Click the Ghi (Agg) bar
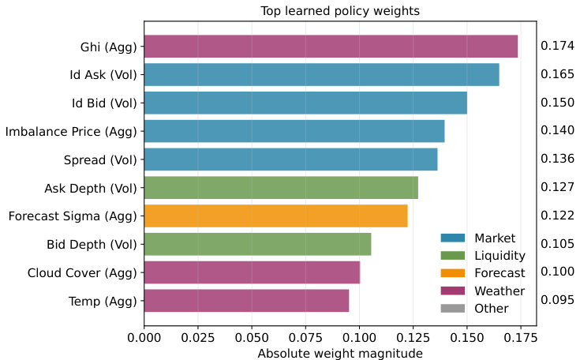click(331, 47)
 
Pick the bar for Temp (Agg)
click(246, 301)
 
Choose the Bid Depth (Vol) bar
click(257, 244)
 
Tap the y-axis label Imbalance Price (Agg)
click(71, 131)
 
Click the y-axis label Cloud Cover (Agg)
click(82, 272)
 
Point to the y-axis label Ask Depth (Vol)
click(92, 188)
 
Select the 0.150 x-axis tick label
click(466, 338)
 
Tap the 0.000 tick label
click(144, 338)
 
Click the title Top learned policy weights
click(340, 11)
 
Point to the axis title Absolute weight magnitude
click(340, 353)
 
